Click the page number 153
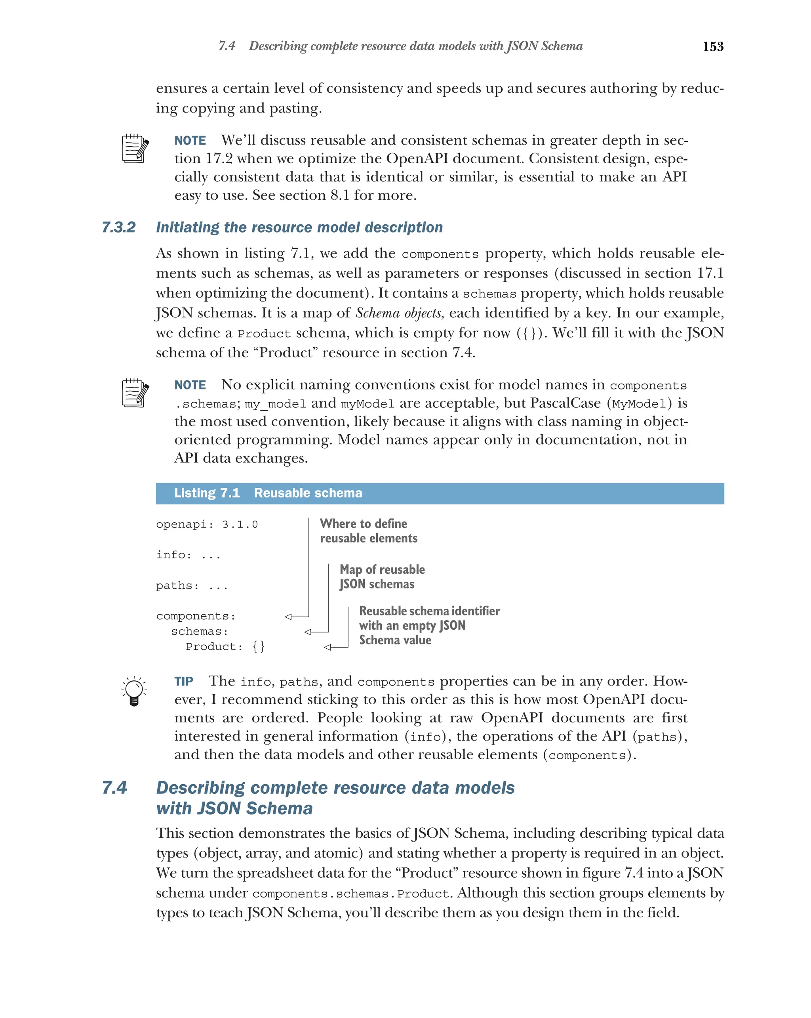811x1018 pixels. (x=712, y=46)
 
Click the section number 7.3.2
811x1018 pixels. (x=118, y=227)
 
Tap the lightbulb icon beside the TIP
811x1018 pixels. (x=134, y=691)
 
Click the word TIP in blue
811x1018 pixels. (x=183, y=681)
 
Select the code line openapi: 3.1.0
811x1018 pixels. (x=207, y=524)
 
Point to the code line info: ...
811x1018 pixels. (x=188, y=555)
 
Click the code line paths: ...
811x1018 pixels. (x=192, y=586)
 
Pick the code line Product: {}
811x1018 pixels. (x=225, y=646)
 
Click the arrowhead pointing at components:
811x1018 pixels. (x=288, y=616)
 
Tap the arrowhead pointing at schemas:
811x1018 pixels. (x=308, y=632)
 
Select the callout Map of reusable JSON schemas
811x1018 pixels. (x=381, y=577)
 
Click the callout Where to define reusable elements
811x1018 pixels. (x=368, y=531)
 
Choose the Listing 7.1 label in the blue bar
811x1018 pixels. (x=207, y=493)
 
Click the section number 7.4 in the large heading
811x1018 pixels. (x=115, y=788)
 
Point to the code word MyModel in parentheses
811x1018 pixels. (x=639, y=404)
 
